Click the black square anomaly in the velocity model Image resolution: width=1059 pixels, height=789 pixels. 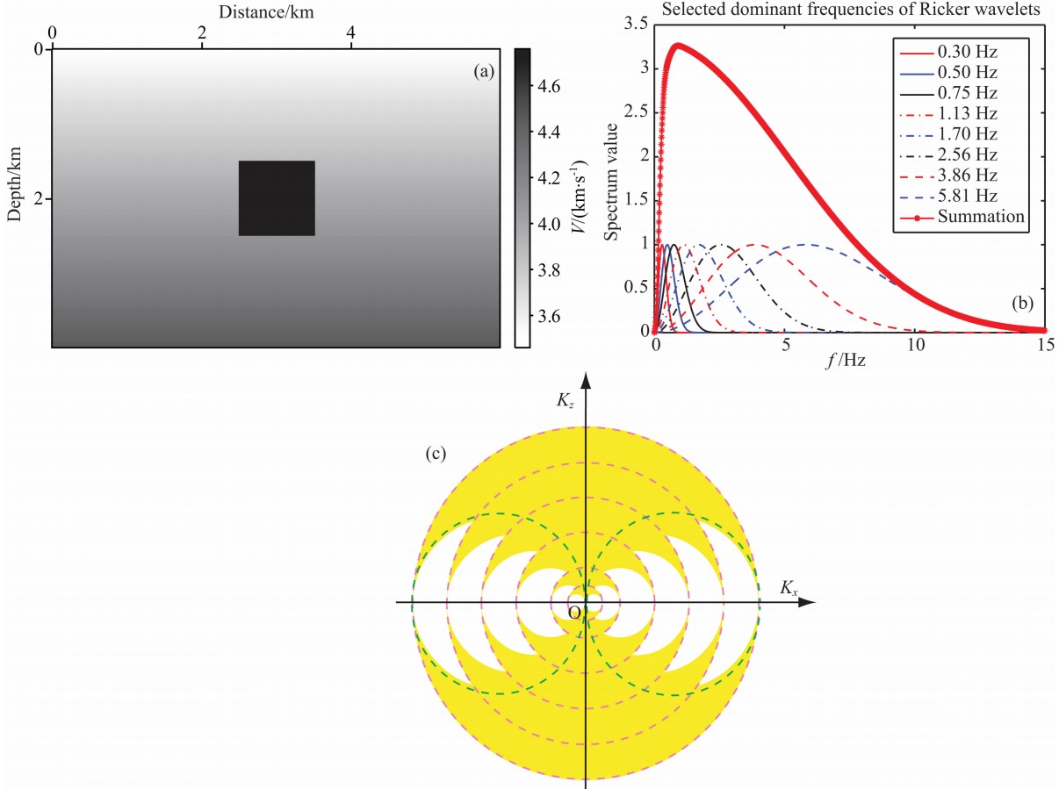[277, 197]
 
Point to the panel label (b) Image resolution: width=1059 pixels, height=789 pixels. [1022, 304]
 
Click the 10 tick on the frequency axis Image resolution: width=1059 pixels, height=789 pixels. [915, 344]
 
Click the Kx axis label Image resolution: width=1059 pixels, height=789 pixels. [789, 588]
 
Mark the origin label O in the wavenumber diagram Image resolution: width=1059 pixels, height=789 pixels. [574, 613]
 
